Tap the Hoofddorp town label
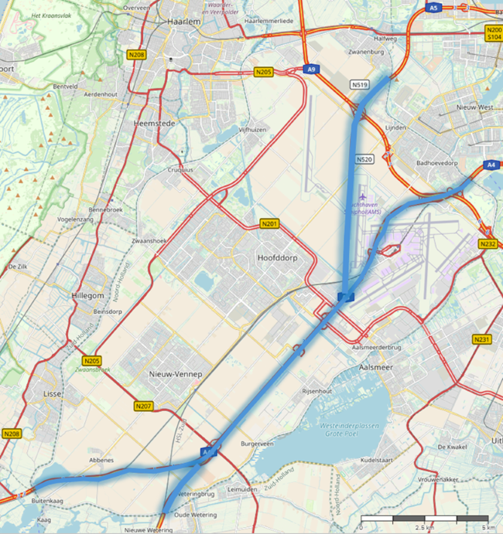(277, 259)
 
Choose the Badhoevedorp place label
(438, 163)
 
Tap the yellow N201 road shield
(269, 224)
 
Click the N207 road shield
(143, 406)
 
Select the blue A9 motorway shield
(312, 70)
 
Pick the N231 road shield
(482, 339)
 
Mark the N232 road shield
(488, 244)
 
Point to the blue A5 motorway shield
(434, 7)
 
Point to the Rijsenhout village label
(317, 391)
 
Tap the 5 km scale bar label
(488, 527)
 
